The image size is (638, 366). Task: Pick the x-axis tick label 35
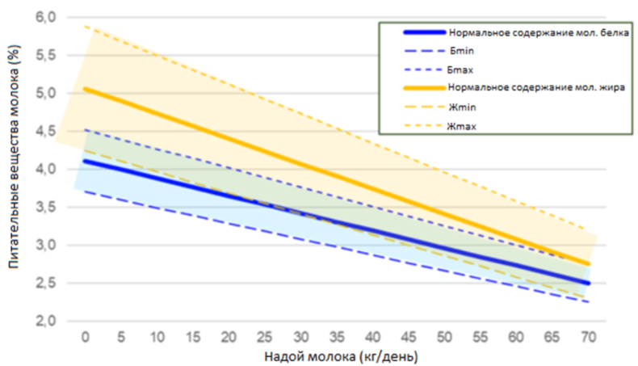click(x=336, y=337)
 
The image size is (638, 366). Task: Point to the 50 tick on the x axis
click(x=444, y=337)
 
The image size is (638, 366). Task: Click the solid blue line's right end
click(x=589, y=283)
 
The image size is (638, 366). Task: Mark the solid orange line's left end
click(x=85, y=88)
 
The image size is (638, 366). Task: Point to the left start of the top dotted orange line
click(x=85, y=26)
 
